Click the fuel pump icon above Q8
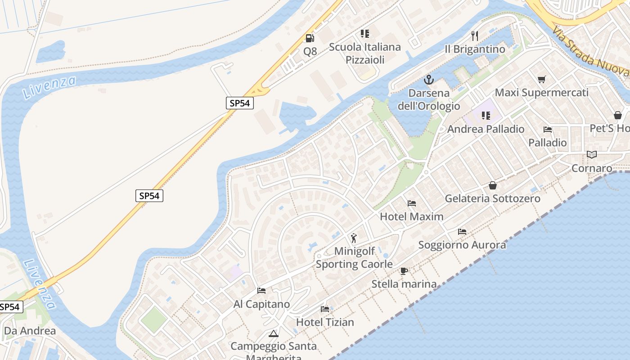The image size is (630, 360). coord(310,38)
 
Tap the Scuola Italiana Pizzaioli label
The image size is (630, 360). coord(364,53)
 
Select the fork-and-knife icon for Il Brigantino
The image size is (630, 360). coord(474,36)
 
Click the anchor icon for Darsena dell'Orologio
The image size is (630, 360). coord(429,80)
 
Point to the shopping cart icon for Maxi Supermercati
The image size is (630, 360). coord(542,79)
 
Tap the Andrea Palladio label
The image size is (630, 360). coord(486,129)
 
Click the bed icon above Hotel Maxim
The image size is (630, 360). coord(411,203)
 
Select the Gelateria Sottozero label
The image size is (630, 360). coord(492,198)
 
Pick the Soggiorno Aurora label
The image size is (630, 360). coord(462,245)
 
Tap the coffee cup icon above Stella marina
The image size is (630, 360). coord(404,271)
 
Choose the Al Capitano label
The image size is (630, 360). coord(261,304)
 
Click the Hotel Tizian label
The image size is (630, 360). coord(325,322)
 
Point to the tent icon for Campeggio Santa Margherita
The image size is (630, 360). coord(273,334)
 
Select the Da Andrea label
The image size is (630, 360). coord(30,331)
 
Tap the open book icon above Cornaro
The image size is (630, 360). coord(591,155)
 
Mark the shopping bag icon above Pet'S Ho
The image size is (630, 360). coord(618,115)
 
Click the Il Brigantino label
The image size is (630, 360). coord(475,49)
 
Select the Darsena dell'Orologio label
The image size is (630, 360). coord(429,99)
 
